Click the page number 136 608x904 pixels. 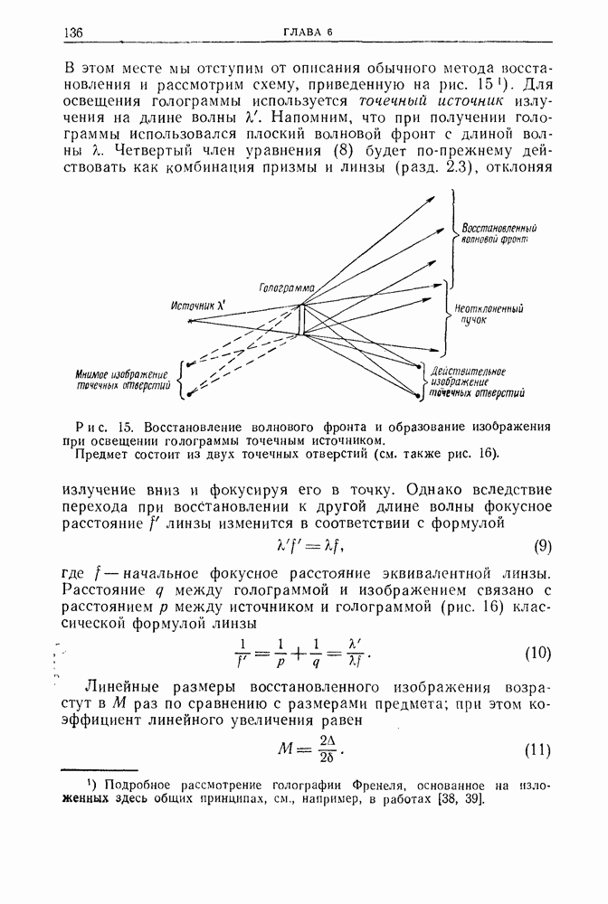coord(73,33)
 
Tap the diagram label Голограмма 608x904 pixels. coord(286,287)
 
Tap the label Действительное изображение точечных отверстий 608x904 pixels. coord(476,382)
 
